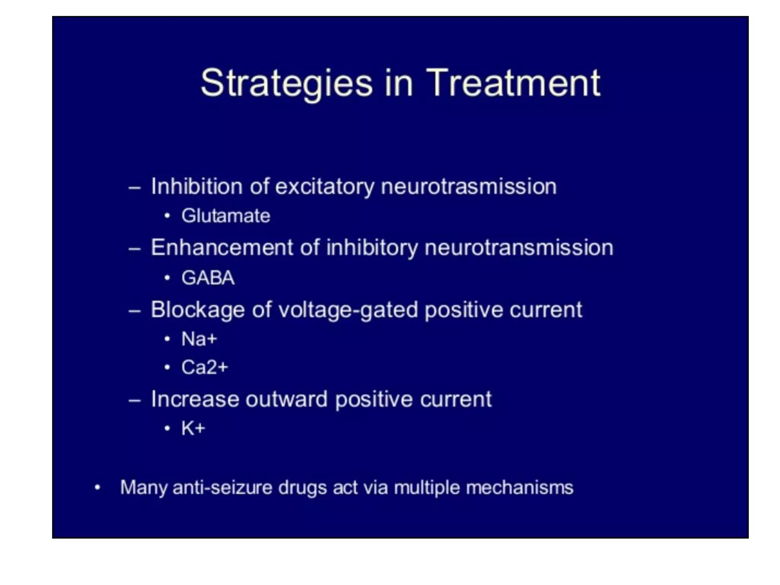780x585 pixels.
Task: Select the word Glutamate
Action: [x=225, y=216]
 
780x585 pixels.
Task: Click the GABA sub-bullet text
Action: [x=208, y=278]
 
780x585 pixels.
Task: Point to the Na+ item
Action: [x=199, y=339]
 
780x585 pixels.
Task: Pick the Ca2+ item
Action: [x=205, y=368]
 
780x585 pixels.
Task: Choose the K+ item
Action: [x=193, y=428]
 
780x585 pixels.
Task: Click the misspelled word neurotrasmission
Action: [x=468, y=187]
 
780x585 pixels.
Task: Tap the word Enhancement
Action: [x=222, y=248]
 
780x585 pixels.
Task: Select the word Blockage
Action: [x=197, y=309]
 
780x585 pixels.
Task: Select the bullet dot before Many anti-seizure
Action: [x=97, y=487]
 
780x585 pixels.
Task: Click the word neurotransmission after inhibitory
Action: [x=519, y=248]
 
